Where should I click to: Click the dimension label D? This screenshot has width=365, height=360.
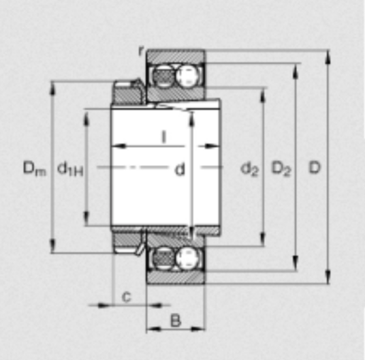[315, 167]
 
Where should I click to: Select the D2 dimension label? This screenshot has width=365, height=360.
[281, 168]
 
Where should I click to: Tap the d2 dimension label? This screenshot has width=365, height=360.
[249, 169]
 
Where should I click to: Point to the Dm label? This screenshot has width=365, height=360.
[35, 168]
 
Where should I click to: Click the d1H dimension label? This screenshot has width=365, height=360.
[70, 168]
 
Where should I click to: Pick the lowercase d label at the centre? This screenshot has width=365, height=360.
[180, 169]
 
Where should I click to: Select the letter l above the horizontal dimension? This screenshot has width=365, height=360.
[164, 136]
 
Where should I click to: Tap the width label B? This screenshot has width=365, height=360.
[176, 320]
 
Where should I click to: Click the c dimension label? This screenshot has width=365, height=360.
[127, 297]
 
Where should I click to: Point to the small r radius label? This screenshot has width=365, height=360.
[141, 51]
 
